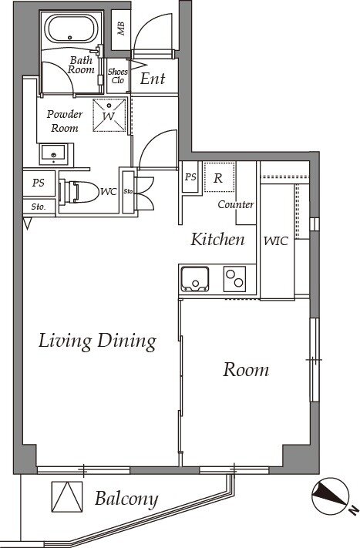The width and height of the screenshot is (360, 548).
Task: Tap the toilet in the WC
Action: point(79,191)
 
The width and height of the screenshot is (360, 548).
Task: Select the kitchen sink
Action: point(194,279)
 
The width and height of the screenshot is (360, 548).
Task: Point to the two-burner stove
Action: point(234,279)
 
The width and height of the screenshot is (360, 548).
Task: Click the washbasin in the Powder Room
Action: point(53,154)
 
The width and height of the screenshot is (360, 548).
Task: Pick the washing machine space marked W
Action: point(109,116)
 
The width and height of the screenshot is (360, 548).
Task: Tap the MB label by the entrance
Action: point(121,29)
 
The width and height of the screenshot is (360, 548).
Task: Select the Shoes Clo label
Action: point(118,76)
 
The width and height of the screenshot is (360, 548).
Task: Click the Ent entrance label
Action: point(153,79)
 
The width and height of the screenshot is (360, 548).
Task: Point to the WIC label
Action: point(276,240)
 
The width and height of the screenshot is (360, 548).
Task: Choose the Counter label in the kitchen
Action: point(236,204)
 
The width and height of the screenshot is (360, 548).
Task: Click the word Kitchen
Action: point(217,240)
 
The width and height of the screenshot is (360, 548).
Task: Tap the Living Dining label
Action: point(97,341)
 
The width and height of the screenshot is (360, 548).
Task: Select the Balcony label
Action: point(126,499)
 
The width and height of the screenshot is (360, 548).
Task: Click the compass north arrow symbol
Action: point(330,495)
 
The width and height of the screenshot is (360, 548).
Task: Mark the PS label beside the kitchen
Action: point(190,177)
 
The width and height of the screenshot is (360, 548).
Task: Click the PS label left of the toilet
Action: point(39,183)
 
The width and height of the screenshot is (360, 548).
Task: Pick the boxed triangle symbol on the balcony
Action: point(67,496)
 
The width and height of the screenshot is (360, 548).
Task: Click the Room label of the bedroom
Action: point(246,370)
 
